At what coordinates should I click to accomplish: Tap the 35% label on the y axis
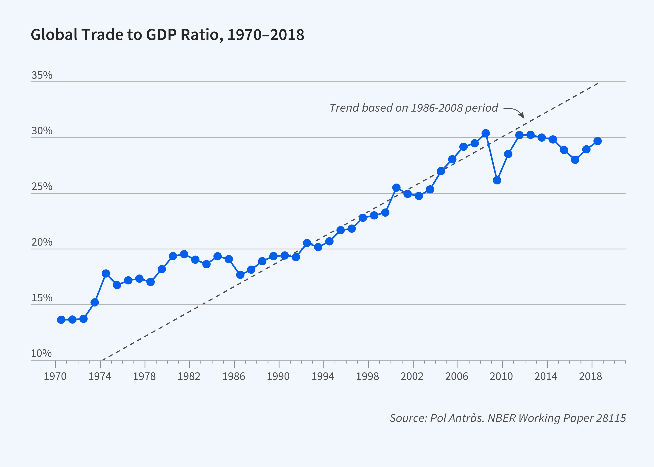coord(42,75)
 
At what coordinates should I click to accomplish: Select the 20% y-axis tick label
coord(42,242)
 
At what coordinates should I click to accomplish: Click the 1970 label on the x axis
coord(55,376)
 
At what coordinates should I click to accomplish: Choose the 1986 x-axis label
coord(234,376)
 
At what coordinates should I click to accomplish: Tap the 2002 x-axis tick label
coord(412,376)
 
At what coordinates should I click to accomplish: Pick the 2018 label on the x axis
coord(590,376)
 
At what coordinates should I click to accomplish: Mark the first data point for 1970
coord(61,320)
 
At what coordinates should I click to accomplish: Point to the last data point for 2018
coord(598,141)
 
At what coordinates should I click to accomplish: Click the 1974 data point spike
coord(106,273)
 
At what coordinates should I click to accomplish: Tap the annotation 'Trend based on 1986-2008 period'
coord(413,108)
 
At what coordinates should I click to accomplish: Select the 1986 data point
coord(240,275)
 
